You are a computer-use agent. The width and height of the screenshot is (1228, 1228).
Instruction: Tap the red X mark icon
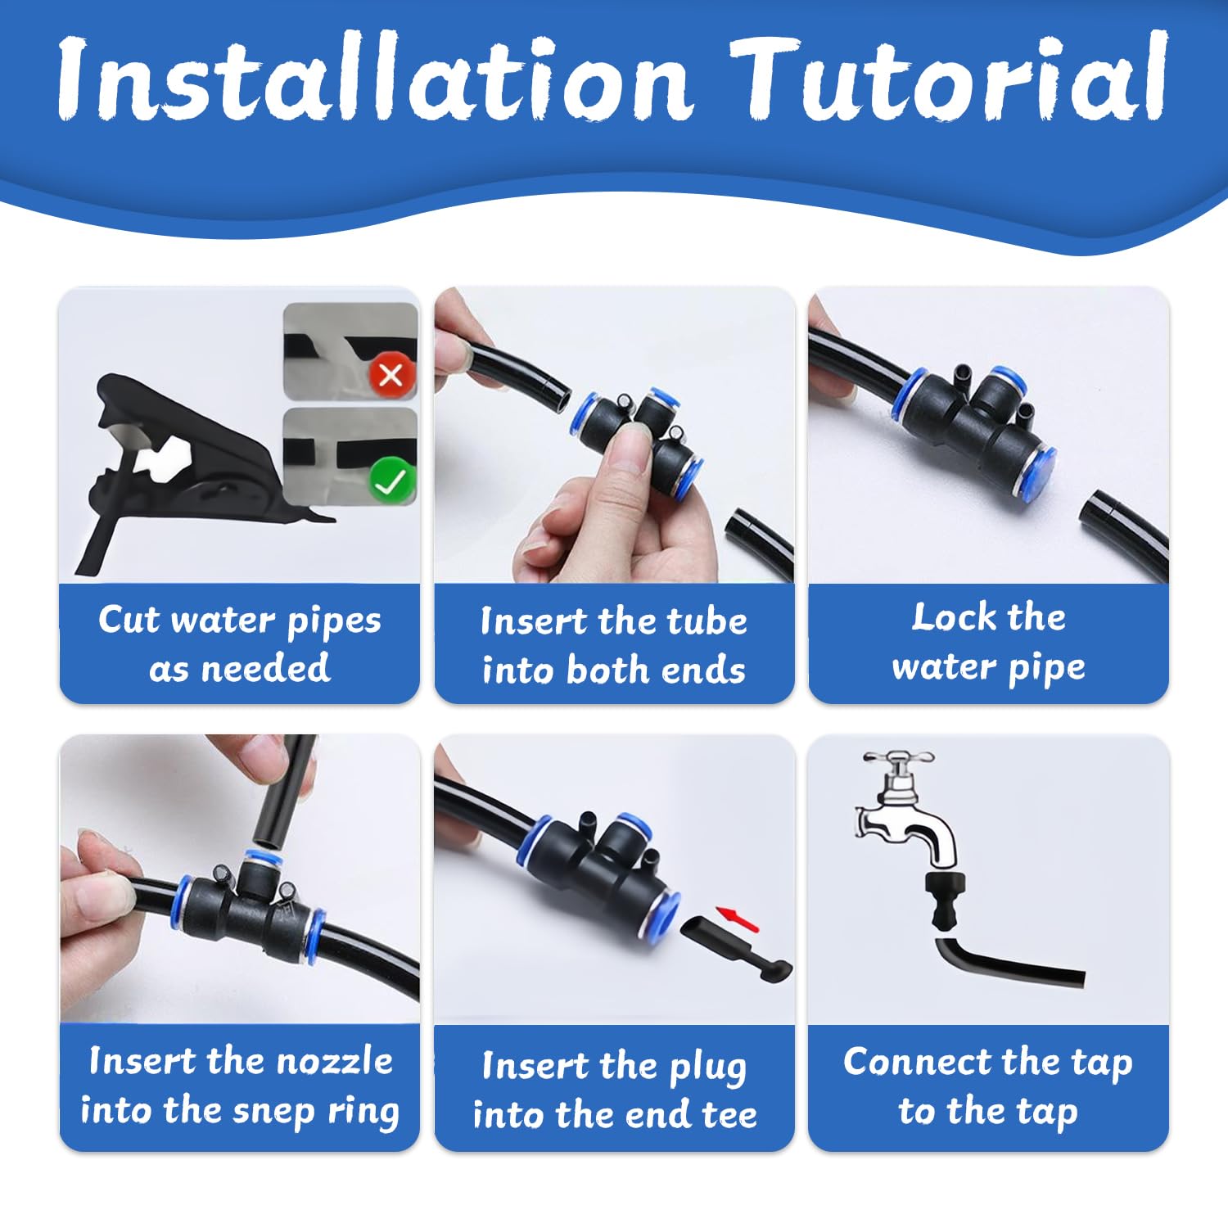[391, 375]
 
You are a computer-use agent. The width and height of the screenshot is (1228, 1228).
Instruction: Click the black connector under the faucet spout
[946, 901]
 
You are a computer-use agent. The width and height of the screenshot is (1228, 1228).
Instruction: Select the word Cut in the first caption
[129, 620]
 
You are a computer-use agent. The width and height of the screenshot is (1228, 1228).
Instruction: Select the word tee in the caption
[727, 1116]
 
